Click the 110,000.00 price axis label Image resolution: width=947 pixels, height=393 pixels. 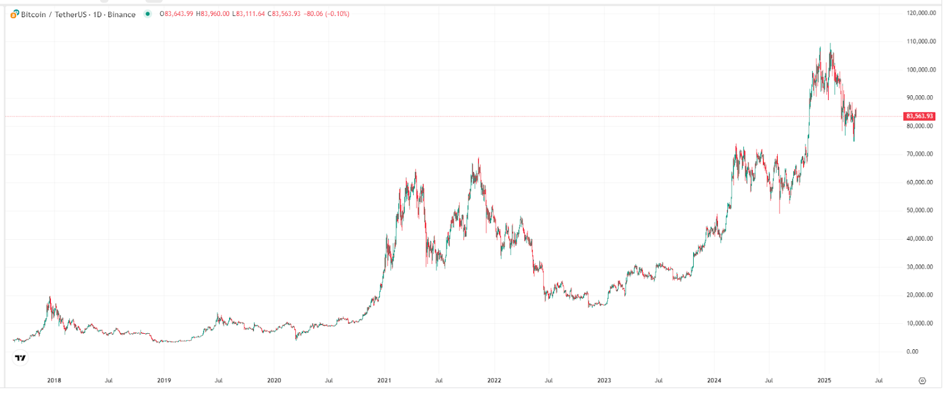pos(921,41)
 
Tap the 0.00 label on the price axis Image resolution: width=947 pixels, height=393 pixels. pos(912,352)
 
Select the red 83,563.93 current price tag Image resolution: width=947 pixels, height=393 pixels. pos(919,117)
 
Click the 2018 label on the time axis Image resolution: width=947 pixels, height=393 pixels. pos(54,381)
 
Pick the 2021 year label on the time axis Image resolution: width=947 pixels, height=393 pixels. pos(384,381)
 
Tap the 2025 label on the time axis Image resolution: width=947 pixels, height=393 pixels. pos(824,381)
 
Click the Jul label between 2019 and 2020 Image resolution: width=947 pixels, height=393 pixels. pos(218,381)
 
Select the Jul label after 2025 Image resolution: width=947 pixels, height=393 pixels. pos(879,381)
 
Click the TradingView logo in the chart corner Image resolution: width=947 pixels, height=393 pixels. pos(20,357)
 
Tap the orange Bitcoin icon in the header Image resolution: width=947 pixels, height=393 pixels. pos(15,14)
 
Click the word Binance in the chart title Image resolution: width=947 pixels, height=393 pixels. pos(121,14)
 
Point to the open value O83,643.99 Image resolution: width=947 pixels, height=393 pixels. pos(176,14)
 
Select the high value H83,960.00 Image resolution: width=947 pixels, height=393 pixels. pos(212,14)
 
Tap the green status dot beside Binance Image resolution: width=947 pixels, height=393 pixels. pos(147,14)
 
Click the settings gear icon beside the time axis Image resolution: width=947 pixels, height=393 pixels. pos(922,381)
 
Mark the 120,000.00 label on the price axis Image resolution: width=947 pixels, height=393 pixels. pos(921,13)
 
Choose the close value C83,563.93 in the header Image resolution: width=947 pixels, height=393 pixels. pos(284,14)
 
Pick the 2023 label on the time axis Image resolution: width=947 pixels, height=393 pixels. pos(604,381)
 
